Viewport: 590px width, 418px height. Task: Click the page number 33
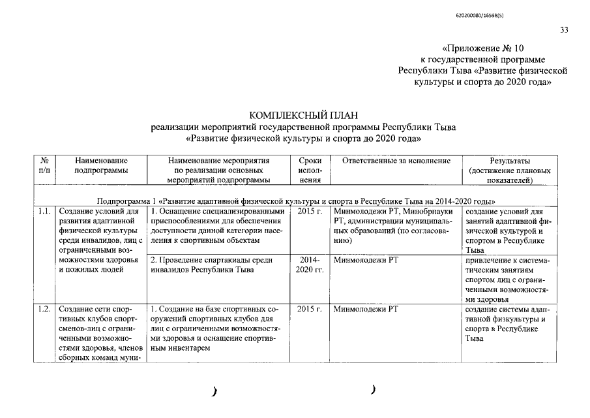[x=564, y=29]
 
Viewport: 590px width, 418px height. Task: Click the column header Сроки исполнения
[x=309, y=170]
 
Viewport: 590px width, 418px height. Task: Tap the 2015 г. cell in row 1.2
[x=309, y=309]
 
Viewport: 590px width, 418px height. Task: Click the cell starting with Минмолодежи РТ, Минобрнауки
[x=395, y=226]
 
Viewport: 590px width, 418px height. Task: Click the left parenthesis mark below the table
[x=214, y=392]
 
